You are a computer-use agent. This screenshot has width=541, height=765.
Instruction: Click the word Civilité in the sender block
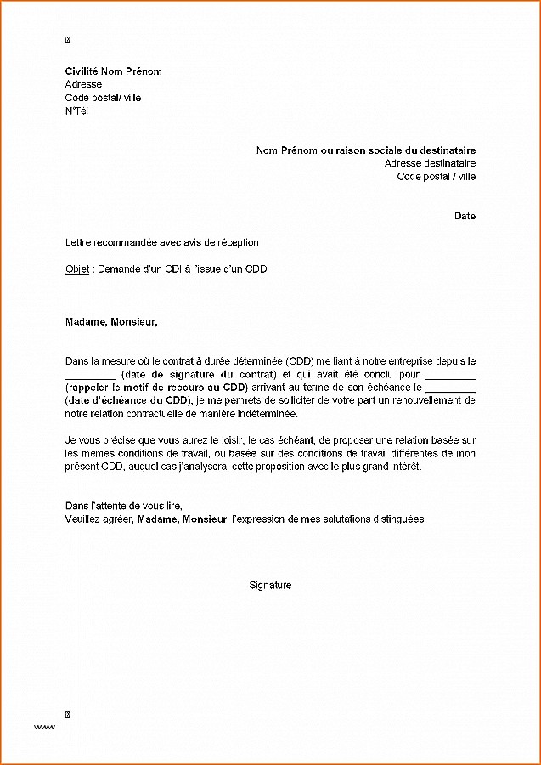tap(82, 71)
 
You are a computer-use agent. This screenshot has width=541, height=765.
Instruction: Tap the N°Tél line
tap(76, 111)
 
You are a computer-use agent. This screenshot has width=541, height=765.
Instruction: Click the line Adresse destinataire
tap(430, 163)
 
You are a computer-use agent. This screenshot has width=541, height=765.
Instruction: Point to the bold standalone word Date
tap(465, 216)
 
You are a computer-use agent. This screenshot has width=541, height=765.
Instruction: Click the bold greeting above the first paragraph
tap(111, 322)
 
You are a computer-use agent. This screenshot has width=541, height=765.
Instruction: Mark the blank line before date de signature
tap(89, 376)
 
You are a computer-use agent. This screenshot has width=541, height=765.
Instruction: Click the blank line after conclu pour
tap(450, 376)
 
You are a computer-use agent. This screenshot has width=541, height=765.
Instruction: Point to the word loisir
tap(232, 440)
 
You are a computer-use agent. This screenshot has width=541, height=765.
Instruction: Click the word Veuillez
tap(83, 518)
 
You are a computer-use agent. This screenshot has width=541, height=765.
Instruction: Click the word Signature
tap(270, 585)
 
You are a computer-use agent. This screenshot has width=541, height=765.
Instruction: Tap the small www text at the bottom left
tap(44, 728)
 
